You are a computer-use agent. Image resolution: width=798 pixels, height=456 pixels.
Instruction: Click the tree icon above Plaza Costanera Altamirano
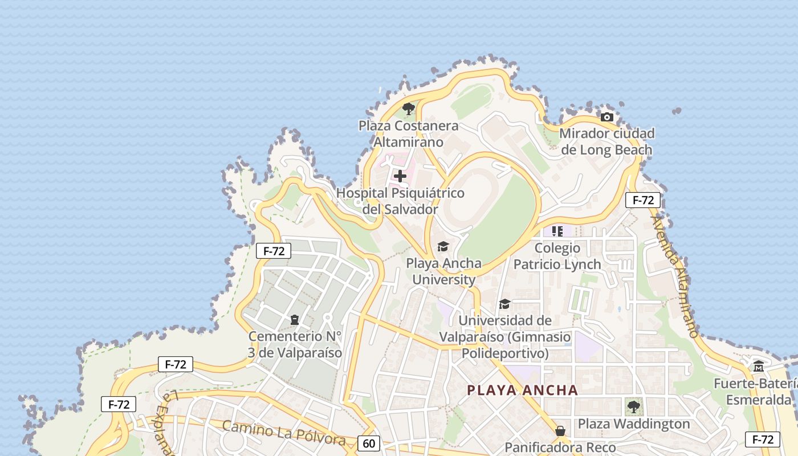(x=408, y=108)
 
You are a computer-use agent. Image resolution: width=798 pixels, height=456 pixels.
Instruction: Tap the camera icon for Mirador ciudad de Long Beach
(x=607, y=117)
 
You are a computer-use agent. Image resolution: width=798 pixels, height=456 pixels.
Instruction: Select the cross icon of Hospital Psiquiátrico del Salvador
(x=400, y=176)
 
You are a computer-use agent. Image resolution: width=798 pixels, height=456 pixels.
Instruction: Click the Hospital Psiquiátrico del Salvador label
(x=400, y=201)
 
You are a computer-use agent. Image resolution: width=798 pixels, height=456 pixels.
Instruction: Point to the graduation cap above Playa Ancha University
(x=443, y=246)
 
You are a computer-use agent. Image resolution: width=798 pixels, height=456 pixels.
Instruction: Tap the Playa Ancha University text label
(x=443, y=271)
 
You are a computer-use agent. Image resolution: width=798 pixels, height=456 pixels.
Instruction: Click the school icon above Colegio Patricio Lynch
(x=557, y=231)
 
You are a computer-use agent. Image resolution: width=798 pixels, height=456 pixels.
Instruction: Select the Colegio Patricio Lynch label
(x=557, y=256)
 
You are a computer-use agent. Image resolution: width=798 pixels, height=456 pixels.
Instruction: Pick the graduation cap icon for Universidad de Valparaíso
(x=504, y=304)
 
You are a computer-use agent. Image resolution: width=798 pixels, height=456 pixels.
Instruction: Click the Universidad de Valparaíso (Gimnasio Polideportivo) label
(x=505, y=337)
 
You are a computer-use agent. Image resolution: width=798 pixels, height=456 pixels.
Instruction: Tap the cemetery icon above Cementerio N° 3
(x=295, y=320)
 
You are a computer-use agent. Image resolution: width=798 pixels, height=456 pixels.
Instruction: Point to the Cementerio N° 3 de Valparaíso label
(x=295, y=344)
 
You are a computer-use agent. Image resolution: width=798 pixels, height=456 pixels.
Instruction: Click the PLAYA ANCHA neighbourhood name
(x=523, y=390)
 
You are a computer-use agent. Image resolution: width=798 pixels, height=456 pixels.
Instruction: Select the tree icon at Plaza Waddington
(x=633, y=407)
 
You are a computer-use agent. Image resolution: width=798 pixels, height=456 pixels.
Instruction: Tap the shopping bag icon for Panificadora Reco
(x=560, y=431)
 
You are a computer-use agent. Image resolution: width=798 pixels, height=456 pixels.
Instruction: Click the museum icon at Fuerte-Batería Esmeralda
(x=758, y=366)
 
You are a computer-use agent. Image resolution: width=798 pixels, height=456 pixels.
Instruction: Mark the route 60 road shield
(x=369, y=443)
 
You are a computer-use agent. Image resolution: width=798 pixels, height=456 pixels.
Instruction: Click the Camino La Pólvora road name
(x=284, y=433)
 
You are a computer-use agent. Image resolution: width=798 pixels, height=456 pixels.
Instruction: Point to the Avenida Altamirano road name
(x=675, y=276)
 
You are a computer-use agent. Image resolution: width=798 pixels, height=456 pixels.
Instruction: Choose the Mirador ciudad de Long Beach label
(x=606, y=141)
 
